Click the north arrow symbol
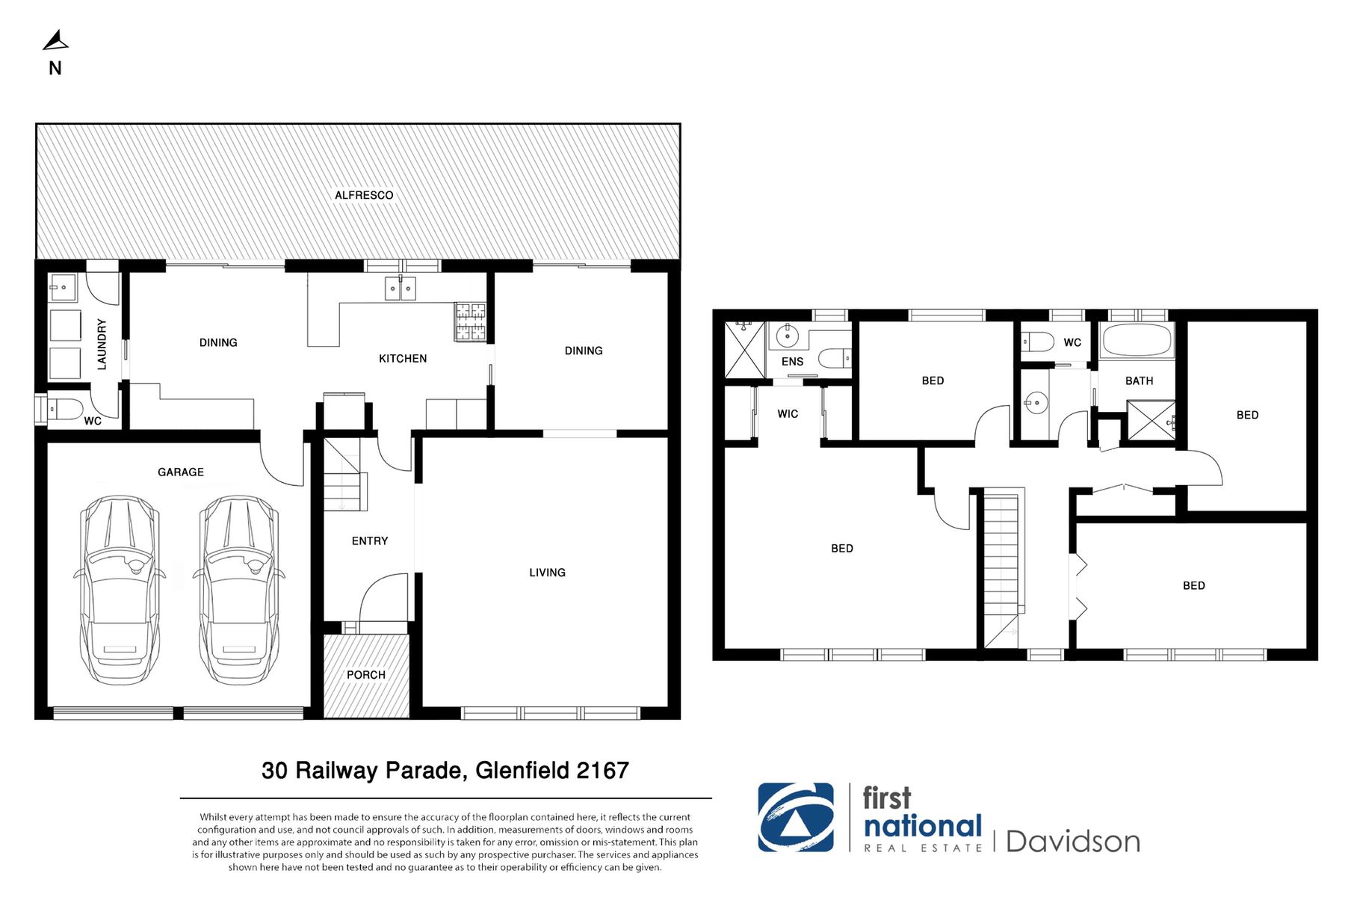[55, 41]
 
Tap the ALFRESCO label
[364, 195]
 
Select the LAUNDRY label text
[102, 344]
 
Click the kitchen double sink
[401, 288]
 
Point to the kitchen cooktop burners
[470, 321]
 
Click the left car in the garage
[119, 590]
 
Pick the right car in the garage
[238, 590]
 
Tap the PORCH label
[366, 675]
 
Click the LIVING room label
[547, 573]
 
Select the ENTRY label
[370, 541]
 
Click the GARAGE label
[181, 472]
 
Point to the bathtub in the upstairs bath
[1137, 341]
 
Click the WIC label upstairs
[788, 414]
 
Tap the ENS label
[793, 362]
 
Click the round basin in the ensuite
[787, 336]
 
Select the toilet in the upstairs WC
[1038, 342]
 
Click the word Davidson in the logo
[1073, 842]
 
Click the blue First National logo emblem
[796, 818]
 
